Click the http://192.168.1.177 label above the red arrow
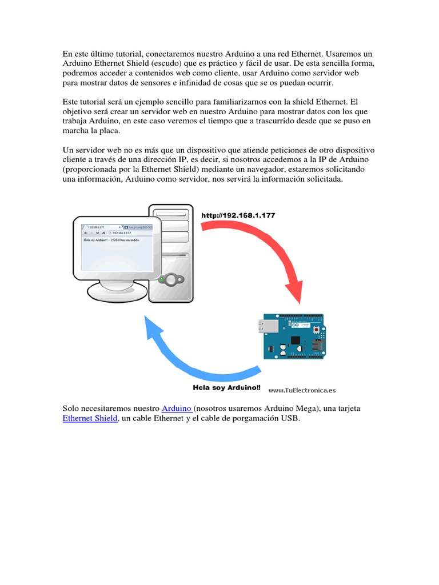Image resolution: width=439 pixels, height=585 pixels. [x=238, y=215]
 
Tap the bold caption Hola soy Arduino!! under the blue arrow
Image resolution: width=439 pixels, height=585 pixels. [x=226, y=388]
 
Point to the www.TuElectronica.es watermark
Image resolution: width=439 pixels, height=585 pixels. [x=302, y=390]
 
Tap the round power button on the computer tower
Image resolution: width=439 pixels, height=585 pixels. [x=169, y=280]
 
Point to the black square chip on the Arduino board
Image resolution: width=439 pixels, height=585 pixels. [x=296, y=341]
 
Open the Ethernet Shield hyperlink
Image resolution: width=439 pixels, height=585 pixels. [x=90, y=419]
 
